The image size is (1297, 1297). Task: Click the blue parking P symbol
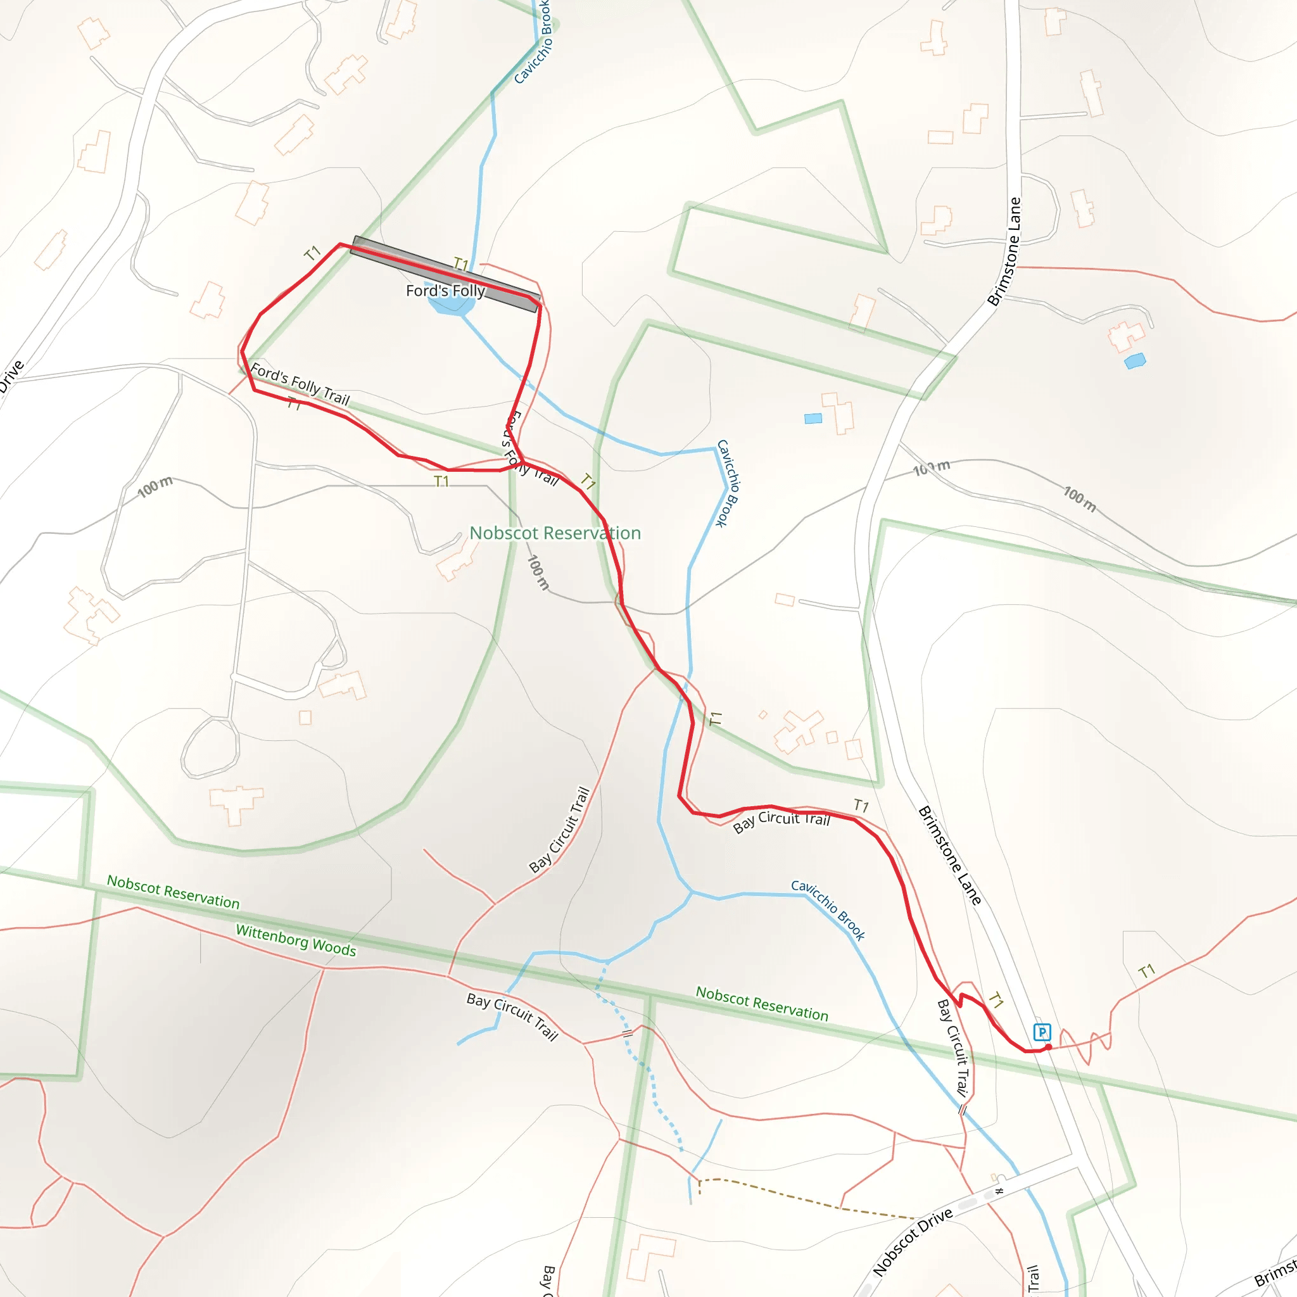tap(1042, 1032)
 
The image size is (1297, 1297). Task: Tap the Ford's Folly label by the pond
tap(445, 291)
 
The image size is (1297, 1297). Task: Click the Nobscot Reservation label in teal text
tap(555, 533)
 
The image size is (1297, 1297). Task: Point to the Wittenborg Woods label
tap(295, 939)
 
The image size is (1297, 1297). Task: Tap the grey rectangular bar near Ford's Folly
tap(446, 273)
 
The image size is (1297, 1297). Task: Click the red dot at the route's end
tap(1048, 1047)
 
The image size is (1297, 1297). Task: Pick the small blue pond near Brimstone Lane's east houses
tap(1134, 361)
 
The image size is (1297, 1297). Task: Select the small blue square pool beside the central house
tap(813, 419)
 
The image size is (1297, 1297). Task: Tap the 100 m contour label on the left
tap(155, 487)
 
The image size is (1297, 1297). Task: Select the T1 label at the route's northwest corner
tap(312, 253)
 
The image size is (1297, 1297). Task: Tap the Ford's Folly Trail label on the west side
tap(300, 384)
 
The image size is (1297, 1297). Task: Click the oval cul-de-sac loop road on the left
tap(210, 747)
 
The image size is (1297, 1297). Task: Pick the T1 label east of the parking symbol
tap(1147, 971)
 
